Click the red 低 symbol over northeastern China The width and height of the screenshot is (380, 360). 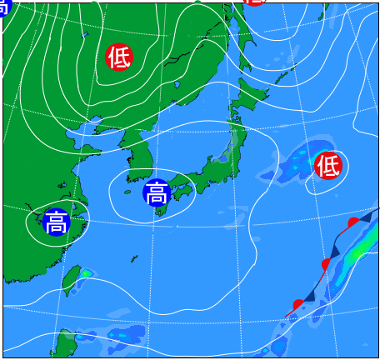click(x=119, y=57)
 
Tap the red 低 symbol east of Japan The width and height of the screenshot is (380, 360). click(x=328, y=166)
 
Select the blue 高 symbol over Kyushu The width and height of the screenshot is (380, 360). click(x=156, y=193)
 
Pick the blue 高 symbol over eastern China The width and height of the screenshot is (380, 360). click(x=56, y=222)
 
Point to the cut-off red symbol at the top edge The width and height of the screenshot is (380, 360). click(x=255, y=2)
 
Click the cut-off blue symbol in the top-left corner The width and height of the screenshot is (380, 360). click(x=3, y=7)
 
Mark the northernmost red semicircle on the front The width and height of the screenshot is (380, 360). click(x=353, y=222)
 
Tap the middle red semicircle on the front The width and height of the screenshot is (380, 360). click(x=326, y=264)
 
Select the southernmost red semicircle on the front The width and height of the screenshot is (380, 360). click(x=298, y=304)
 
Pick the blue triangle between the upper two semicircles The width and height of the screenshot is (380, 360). click(x=337, y=248)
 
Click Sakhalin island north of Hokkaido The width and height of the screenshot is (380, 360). click(x=243, y=33)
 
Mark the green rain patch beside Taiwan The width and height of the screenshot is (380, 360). click(x=86, y=272)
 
